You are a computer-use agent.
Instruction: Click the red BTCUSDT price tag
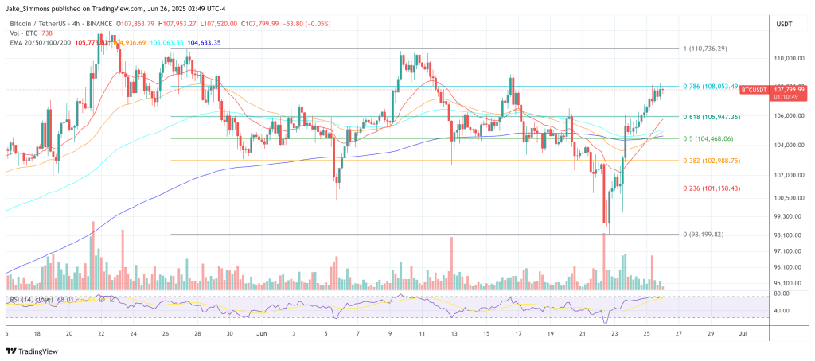(754, 91)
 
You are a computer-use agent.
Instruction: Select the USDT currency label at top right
(785, 24)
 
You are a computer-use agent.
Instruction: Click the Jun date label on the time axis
(262, 334)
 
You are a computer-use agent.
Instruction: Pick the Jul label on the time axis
(742, 334)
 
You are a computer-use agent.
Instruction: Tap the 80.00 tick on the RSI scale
(782, 293)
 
